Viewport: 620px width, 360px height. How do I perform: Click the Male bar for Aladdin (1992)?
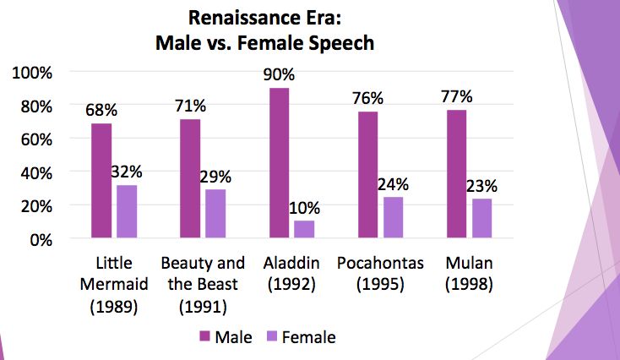pos(279,163)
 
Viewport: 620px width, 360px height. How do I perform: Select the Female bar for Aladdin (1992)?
pos(304,230)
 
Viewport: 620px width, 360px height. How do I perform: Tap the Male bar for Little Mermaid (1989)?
pos(101,181)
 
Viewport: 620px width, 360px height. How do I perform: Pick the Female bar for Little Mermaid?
pos(127,211)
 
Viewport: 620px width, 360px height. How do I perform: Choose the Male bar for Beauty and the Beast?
pos(190,179)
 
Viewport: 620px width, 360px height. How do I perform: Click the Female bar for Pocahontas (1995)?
pos(393,218)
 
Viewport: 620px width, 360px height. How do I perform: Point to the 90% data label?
pos(279,74)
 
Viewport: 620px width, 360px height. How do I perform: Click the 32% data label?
pos(128,171)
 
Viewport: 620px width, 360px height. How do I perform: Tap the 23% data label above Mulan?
pos(482,185)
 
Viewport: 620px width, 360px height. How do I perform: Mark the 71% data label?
pos(191,106)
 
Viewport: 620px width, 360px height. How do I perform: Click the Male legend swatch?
pos(204,337)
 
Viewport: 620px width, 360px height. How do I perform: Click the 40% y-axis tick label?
pos(36,172)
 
